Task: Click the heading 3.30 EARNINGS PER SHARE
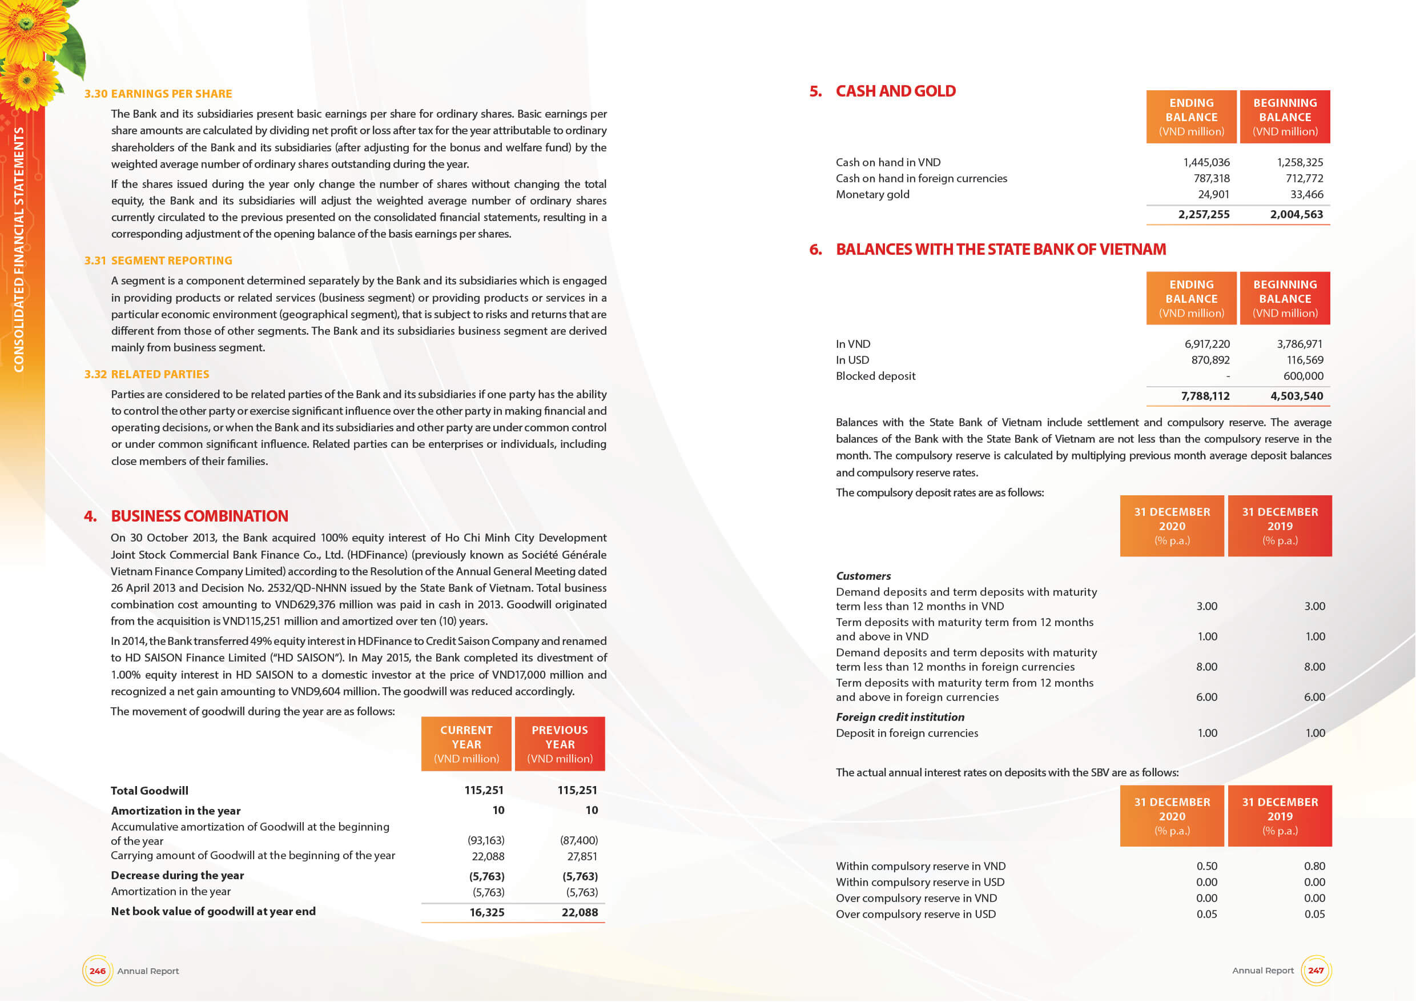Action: (158, 94)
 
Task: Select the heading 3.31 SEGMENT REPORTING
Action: (159, 260)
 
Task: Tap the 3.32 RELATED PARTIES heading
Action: (147, 374)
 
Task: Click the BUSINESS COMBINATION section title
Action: (199, 516)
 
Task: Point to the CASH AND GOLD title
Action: (895, 91)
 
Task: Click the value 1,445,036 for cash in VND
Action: (1206, 162)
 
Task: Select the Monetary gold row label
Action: (872, 194)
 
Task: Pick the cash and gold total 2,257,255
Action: (1203, 214)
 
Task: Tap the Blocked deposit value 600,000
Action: (1303, 376)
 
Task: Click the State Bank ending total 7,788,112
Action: (1205, 395)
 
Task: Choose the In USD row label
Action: (852, 360)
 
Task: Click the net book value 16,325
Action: (486, 912)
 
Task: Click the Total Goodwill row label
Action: (149, 791)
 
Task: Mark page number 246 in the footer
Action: (98, 971)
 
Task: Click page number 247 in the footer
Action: (1316, 971)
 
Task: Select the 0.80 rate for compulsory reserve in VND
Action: (1314, 866)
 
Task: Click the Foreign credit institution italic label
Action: (900, 717)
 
